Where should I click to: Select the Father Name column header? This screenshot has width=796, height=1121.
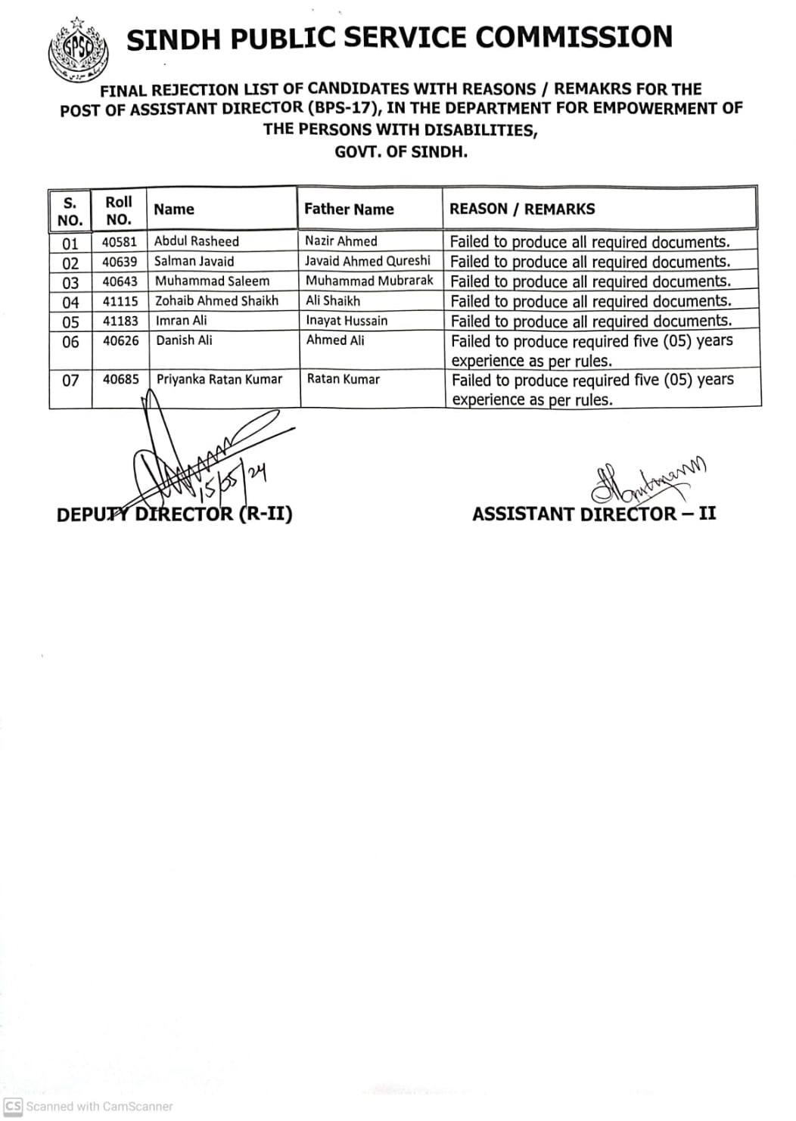(349, 210)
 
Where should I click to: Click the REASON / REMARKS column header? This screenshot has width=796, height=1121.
(522, 210)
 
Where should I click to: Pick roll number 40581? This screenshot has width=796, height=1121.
(120, 242)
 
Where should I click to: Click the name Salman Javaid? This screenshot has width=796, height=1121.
(194, 262)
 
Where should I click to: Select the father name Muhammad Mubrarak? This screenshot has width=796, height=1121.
(369, 281)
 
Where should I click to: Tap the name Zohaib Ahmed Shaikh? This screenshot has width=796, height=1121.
(216, 301)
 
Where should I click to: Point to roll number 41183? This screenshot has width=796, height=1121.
(120, 321)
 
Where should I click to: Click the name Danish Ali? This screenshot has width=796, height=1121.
(184, 340)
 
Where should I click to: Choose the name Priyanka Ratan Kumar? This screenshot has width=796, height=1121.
(219, 380)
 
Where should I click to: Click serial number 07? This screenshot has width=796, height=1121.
(70, 380)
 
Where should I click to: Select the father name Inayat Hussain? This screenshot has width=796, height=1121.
(347, 321)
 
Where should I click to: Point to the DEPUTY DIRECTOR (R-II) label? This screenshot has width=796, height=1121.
(175, 515)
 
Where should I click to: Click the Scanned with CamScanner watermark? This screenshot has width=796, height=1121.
(89, 1106)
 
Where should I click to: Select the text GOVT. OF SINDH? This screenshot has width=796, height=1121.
(401, 151)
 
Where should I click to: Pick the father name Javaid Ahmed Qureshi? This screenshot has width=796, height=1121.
(368, 261)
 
